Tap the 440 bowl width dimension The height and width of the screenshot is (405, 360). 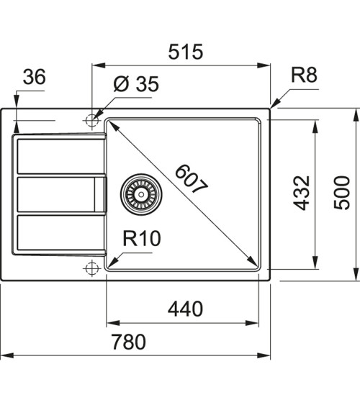tap(185, 308)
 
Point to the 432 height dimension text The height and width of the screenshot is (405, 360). tap(302, 193)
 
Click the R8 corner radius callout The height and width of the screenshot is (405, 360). tap(305, 75)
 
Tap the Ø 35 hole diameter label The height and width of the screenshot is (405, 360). tap(136, 84)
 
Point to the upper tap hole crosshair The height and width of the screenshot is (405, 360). tap(91, 120)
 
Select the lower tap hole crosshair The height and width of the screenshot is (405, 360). tap(91, 268)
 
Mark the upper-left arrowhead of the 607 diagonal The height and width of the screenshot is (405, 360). tap(112, 125)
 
